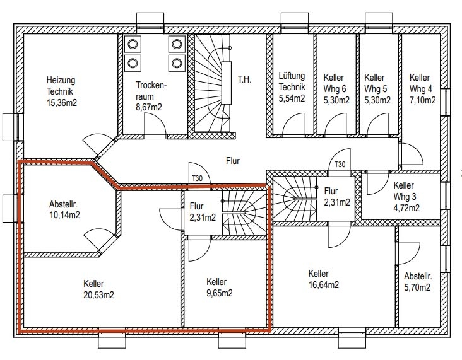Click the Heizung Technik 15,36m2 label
click(62, 91)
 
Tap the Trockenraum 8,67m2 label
click(151, 96)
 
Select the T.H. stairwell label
click(244, 79)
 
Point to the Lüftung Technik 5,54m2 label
click(292, 87)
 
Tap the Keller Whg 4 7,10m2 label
click(422, 89)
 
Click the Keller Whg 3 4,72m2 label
click(406, 197)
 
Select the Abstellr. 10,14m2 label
click(64, 209)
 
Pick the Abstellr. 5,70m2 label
click(418, 282)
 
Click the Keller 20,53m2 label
click(98, 289)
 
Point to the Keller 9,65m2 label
click(220, 287)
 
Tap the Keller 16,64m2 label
click(324, 279)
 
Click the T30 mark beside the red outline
click(198, 178)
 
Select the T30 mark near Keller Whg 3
click(340, 165)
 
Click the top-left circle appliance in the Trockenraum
click(133, 44)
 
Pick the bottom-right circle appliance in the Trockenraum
click(177, 63)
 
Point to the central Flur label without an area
click(233, 161)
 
